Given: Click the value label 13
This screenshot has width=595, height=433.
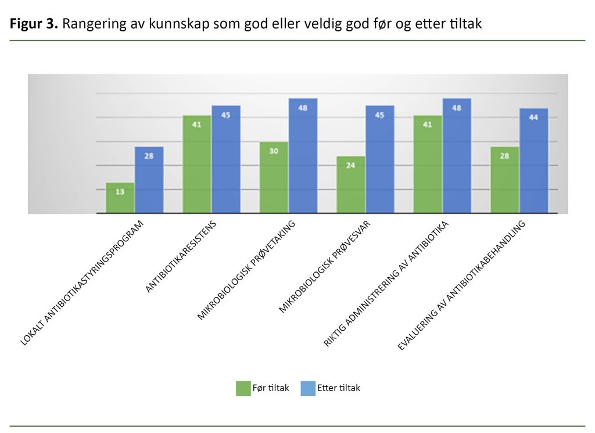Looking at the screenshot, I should tap(120, 191).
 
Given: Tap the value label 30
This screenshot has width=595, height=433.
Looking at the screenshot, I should tap(274, 151).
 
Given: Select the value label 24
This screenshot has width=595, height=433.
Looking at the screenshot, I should tap(350, 164).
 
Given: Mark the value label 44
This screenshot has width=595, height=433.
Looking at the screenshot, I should tap(533, 117).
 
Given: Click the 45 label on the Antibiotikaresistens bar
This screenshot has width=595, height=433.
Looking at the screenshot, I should tap(225, 114).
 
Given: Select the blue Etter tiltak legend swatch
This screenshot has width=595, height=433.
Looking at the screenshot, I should tap(308, 388).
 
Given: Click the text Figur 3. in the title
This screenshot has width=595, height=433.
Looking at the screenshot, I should tap(33, 25).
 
